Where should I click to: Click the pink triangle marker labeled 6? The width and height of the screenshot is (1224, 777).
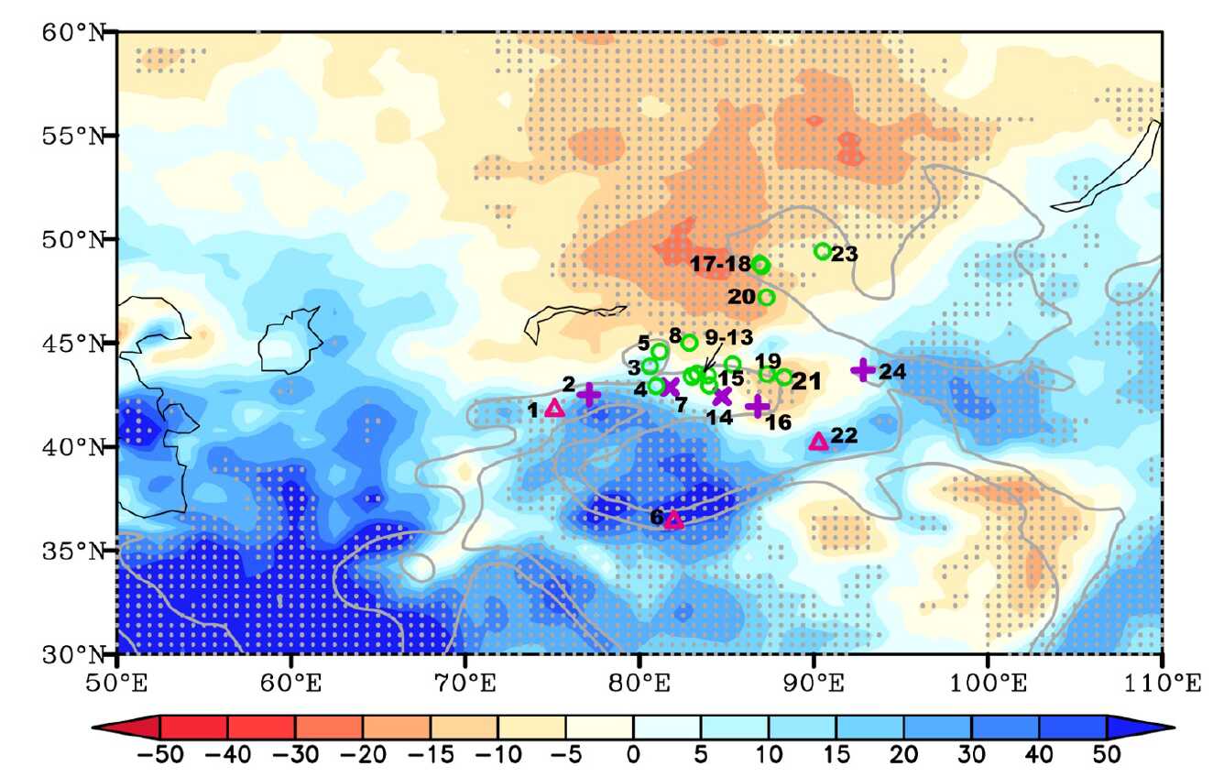pyautogui.click(x=673, y=520)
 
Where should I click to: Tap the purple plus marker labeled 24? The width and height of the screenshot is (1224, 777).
pyautogui.click(x=862, y=370)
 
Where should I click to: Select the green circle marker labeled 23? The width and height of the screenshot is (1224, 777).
pyautogui.click(x=823, y=251)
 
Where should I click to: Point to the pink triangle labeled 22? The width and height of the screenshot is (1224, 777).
pyautogui.click(x=819, y=442)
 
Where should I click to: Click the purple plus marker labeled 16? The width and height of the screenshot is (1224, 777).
pyautogui.click(x=757, y=406)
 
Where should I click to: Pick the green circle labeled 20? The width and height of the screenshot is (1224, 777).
pyautogui.click(x=766, y=297)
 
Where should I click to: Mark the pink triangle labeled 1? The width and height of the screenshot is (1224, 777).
pyautogui.click(x=554, y=409)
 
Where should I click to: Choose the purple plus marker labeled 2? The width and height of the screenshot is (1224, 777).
pyautogui.click(x=589, y=394)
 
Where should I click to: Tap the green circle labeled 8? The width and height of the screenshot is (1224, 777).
pyautogui.click(x=690, y=343)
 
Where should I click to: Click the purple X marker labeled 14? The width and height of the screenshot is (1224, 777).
pyautogui.click(x=722, y=396)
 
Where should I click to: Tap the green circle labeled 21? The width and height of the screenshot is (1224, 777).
pyautogui.click(x=784, y=377)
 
